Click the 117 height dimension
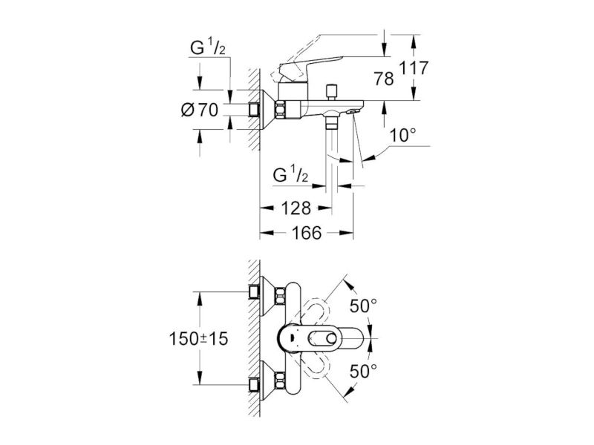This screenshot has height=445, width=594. [414, 67]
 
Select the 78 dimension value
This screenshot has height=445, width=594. [384, 79]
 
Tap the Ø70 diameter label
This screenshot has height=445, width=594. [200, 110]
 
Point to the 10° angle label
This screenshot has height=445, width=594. [403, 135]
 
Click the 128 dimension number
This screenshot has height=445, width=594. [296, 208]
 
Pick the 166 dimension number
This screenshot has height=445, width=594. [307, 233]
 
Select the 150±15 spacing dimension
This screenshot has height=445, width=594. [198, 338]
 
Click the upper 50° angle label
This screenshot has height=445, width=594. [363, 306]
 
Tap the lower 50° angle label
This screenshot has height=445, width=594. [363, 372]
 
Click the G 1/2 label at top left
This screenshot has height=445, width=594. [208, 48]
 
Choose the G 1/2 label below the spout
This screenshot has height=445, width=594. [290, 175]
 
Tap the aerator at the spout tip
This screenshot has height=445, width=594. [353, 112]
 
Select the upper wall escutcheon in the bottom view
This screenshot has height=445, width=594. [267, 295]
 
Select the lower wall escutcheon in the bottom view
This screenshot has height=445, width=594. [267, 380]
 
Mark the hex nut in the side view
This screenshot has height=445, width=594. [281, 110]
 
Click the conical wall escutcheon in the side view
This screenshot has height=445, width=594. [267, 110]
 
